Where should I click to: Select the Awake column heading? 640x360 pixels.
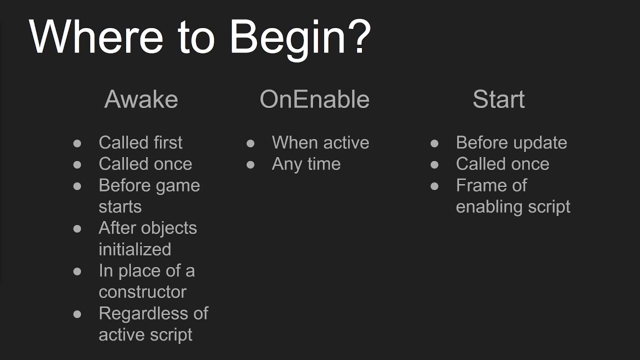pos(141,99)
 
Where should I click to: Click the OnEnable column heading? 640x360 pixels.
pos(314,99)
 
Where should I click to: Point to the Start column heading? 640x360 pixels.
pos(498,99)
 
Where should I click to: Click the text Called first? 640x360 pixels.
pos(140,142)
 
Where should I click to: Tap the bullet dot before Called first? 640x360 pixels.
pos(77,143)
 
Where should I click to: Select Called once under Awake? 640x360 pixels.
pos(145,164)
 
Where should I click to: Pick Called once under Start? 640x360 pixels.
pos(502,164)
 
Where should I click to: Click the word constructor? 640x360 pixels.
pos(142,292)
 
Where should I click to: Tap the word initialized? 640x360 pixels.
pos(134,249)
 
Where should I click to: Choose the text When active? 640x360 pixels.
pos(320,142)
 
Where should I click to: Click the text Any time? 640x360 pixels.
pos(306,164)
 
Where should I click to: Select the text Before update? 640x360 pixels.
pos(511,142)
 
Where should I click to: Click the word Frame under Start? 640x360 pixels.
pos(477,185)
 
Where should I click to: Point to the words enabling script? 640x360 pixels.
pos(512,207)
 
